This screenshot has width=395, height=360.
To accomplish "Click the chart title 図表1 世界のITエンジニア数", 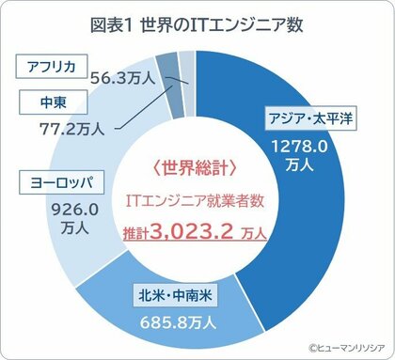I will pos(197,24).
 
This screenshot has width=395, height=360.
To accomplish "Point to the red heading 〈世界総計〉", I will pos(196,168).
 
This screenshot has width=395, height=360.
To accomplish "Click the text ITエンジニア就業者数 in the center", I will pos(196,200).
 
